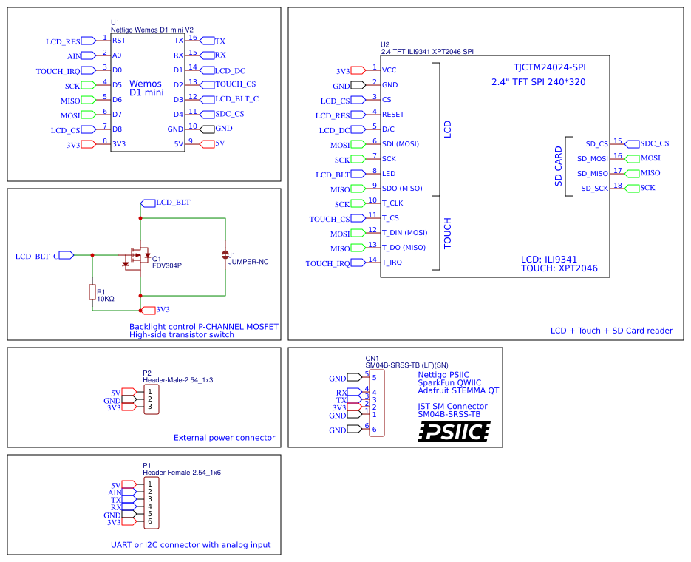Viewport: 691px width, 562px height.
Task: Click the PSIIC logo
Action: point(454,432)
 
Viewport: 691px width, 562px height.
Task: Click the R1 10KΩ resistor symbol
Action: point(92,294)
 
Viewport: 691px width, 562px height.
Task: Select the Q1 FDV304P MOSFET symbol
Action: point(137,257)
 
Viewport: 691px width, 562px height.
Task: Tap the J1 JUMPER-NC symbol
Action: point(225,255)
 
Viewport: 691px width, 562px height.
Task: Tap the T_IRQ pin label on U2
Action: point(392,262)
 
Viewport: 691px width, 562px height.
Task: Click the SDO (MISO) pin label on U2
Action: point(402,188)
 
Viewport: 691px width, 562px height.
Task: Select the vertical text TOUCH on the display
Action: point(447,233)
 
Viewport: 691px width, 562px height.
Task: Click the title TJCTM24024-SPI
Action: point(548,67)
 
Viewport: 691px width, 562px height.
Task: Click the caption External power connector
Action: point(224,438)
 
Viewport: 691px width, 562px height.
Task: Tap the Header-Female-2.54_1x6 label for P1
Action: point(182,472)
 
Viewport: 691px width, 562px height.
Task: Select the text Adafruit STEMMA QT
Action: point(458,390)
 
